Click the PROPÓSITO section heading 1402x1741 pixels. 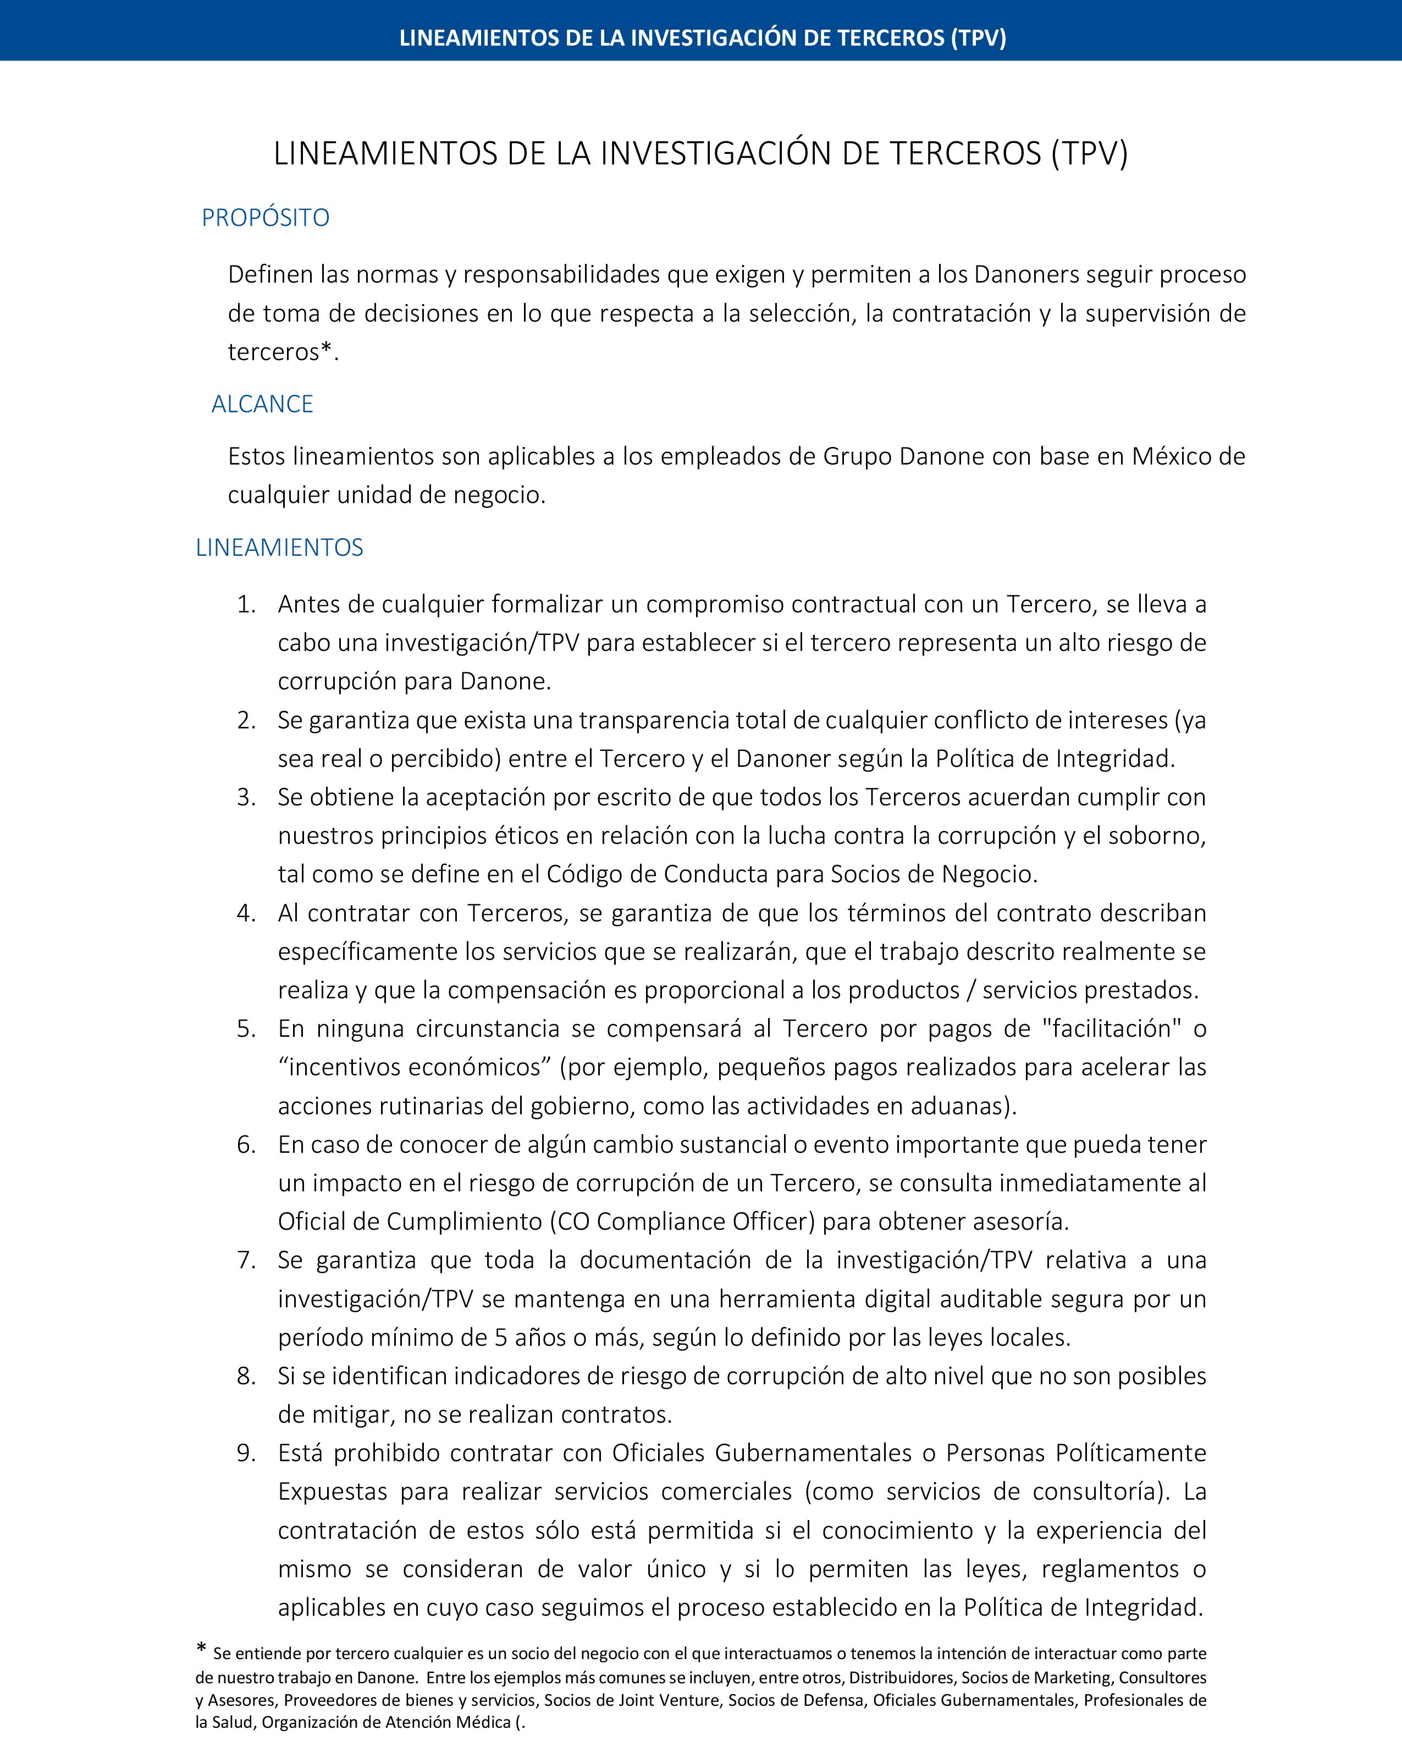[266, 218]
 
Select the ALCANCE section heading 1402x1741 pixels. [262, 404]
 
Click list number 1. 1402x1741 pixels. [246, 604]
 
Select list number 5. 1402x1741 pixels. [246, 1028]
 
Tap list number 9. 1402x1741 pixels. [246, 1453]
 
